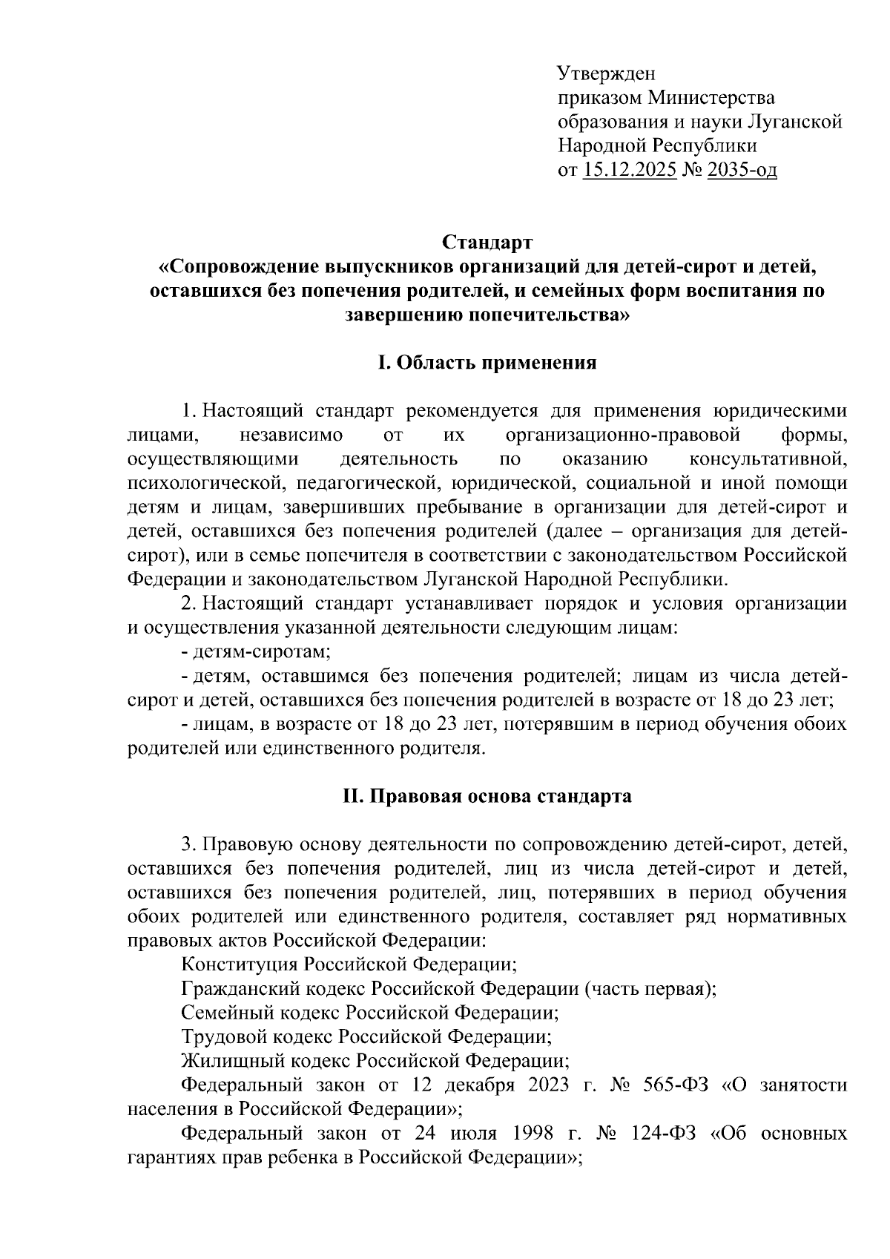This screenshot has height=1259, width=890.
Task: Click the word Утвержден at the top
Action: click(x=606, y=74)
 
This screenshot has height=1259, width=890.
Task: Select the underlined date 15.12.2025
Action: click(x=630, y=171)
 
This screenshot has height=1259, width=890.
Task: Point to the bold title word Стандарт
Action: click(x=487, y=243)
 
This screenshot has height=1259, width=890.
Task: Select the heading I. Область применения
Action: click(x=487, y=364)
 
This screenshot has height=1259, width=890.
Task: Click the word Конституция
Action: click(x=240, y=964)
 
